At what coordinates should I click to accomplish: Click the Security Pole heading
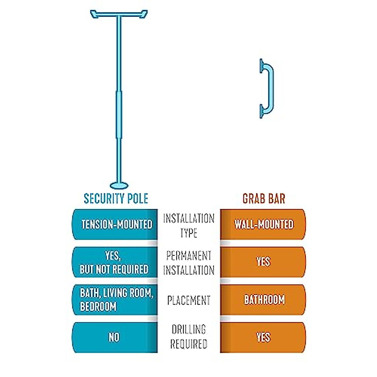pos(116,199)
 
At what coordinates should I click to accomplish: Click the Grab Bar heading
pos(264,199)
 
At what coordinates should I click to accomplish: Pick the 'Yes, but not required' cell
pos(114,262)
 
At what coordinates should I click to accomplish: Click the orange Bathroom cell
pos(264,300)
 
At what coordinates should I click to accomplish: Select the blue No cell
pos(114,337)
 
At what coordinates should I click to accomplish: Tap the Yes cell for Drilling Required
pos(263,337)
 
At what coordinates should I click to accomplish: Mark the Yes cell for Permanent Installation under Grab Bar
pos(263,262)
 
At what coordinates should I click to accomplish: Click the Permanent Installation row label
pos(188,263)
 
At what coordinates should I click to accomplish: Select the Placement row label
pos(188,300)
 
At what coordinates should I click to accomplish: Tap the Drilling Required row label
pos(188,337)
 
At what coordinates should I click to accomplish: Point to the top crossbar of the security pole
pos(119,14)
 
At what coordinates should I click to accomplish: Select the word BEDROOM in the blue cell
pos(98,306)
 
